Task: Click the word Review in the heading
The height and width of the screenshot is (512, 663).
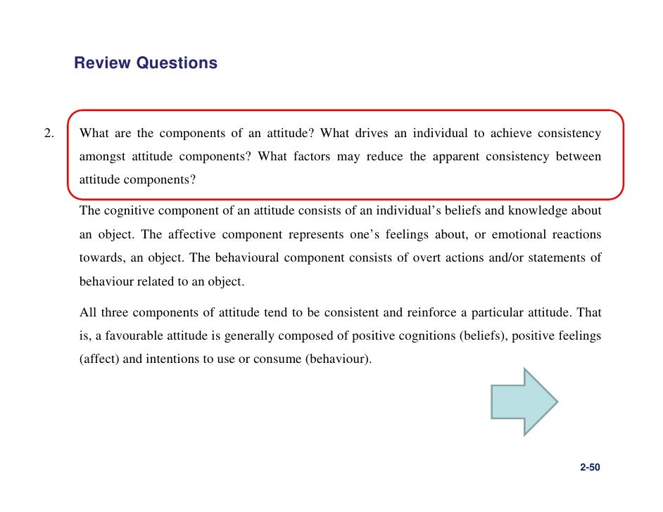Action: click(x=103, y=63)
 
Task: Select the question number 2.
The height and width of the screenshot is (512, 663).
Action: click(x=49, y=134)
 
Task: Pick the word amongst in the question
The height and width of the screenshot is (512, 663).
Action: click(x=101, y=156)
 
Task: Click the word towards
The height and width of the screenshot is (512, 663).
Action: click(x=99, y=258)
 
